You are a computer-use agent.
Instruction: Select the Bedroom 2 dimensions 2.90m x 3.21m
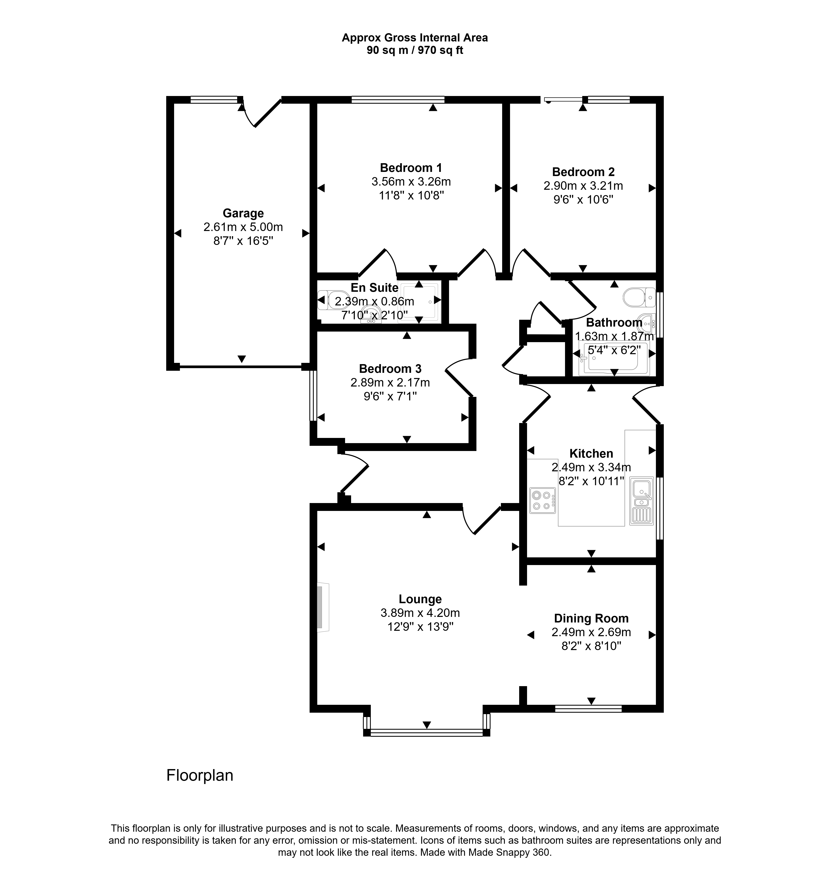tap(583, 186)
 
